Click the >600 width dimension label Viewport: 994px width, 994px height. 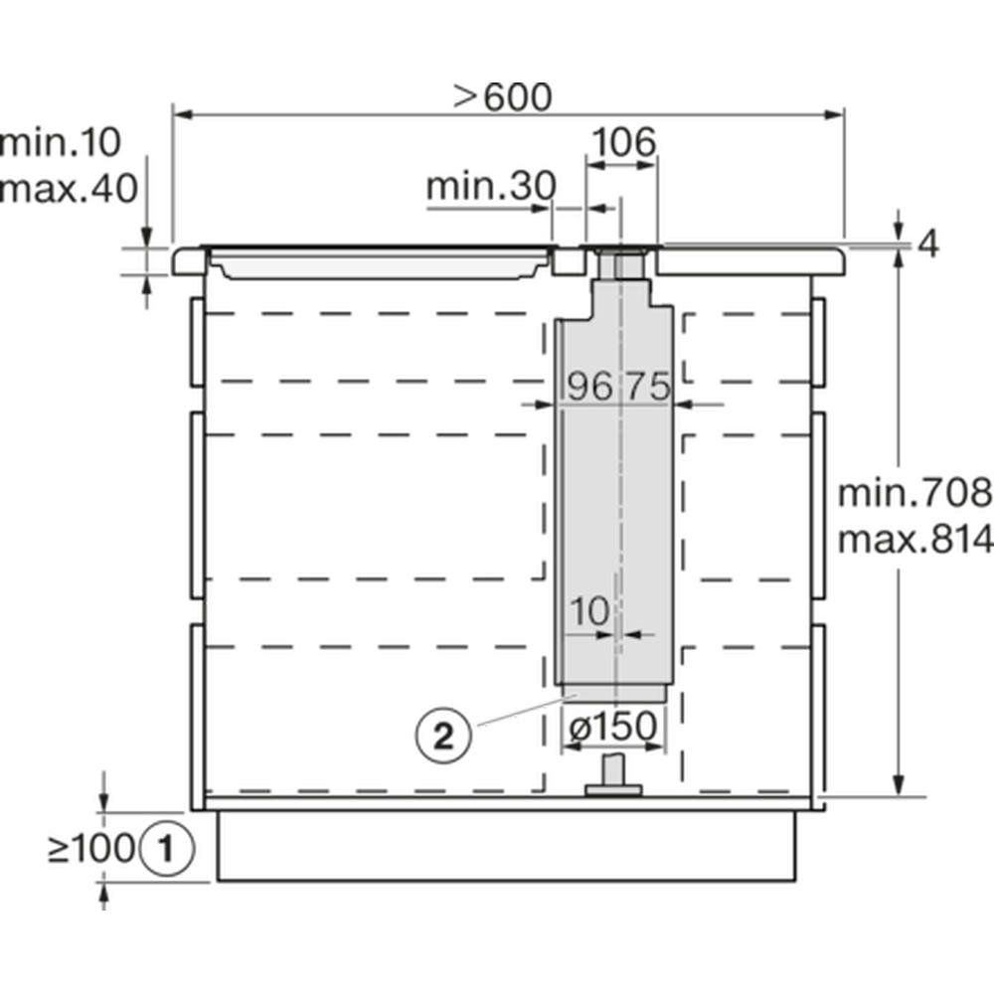(x=503, y=96)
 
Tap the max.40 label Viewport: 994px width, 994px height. (x=69, y=188)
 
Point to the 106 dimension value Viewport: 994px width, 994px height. (x=623, y=142)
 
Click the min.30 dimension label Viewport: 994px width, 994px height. (x=491, y=186)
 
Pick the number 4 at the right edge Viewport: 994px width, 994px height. (x=928, y=245)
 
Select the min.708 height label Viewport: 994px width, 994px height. (x=914, y=493)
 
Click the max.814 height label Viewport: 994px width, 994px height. (x=914, y=539)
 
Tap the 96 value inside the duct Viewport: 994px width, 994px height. (x=589, y=386)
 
